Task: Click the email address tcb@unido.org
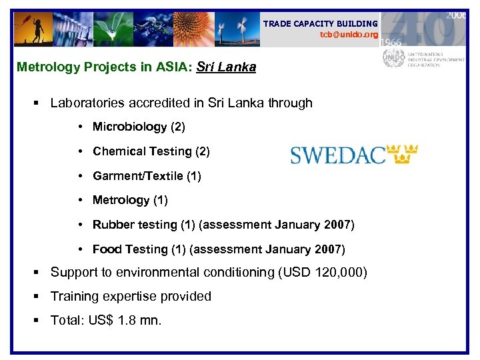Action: (x=348, y=35)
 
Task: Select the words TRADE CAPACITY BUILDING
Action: (x=320, y=23)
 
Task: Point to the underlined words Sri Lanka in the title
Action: (x=226, y=67)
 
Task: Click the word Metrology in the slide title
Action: (x=44, y=67)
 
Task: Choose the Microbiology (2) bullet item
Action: (x=139, y=127)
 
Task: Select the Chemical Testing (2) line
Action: (x=151, y=151)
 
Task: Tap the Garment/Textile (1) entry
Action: (x=147, y=176)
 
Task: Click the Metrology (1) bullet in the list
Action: (x=130, y=200)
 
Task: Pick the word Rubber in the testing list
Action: (x=113, y=225)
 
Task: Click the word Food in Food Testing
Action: (x=107, y=249)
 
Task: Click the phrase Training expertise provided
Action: (x=131, y=296)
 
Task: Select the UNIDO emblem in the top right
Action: (x=393, y=58)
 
